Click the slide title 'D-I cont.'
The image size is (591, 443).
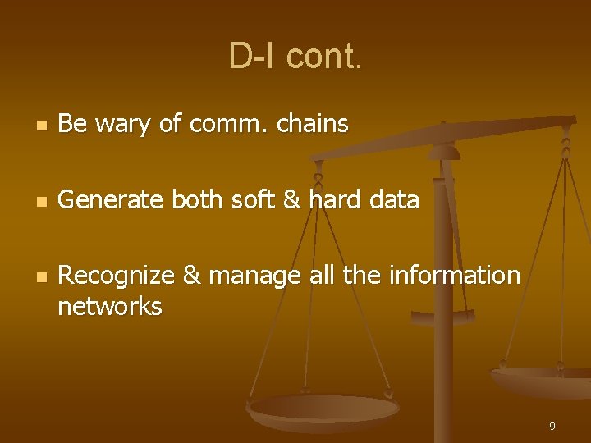coord(295,57)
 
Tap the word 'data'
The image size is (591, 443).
coord(395,199)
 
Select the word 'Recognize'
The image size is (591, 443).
coord(117,276)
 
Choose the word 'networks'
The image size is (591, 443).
coord(110,307)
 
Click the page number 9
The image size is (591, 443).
coord(552,426)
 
